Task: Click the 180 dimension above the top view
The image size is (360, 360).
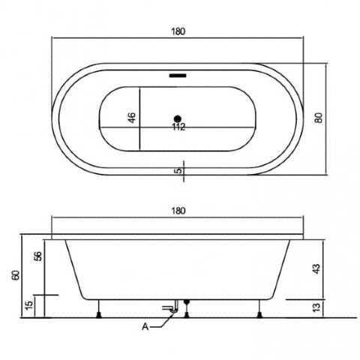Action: [178, 31]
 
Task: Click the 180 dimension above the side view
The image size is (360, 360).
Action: [178, 211]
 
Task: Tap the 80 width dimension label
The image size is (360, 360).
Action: [319, 118]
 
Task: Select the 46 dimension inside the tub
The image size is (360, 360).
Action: [132, 118]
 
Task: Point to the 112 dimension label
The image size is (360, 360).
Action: [179, 127]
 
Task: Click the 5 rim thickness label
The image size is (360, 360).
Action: [179, 171]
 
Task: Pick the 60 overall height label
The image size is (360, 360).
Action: [16, 275]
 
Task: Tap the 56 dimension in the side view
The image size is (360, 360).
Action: [38, 256]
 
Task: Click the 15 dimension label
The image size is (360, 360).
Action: [29, 305]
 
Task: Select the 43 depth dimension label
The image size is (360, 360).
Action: [316, 268]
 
